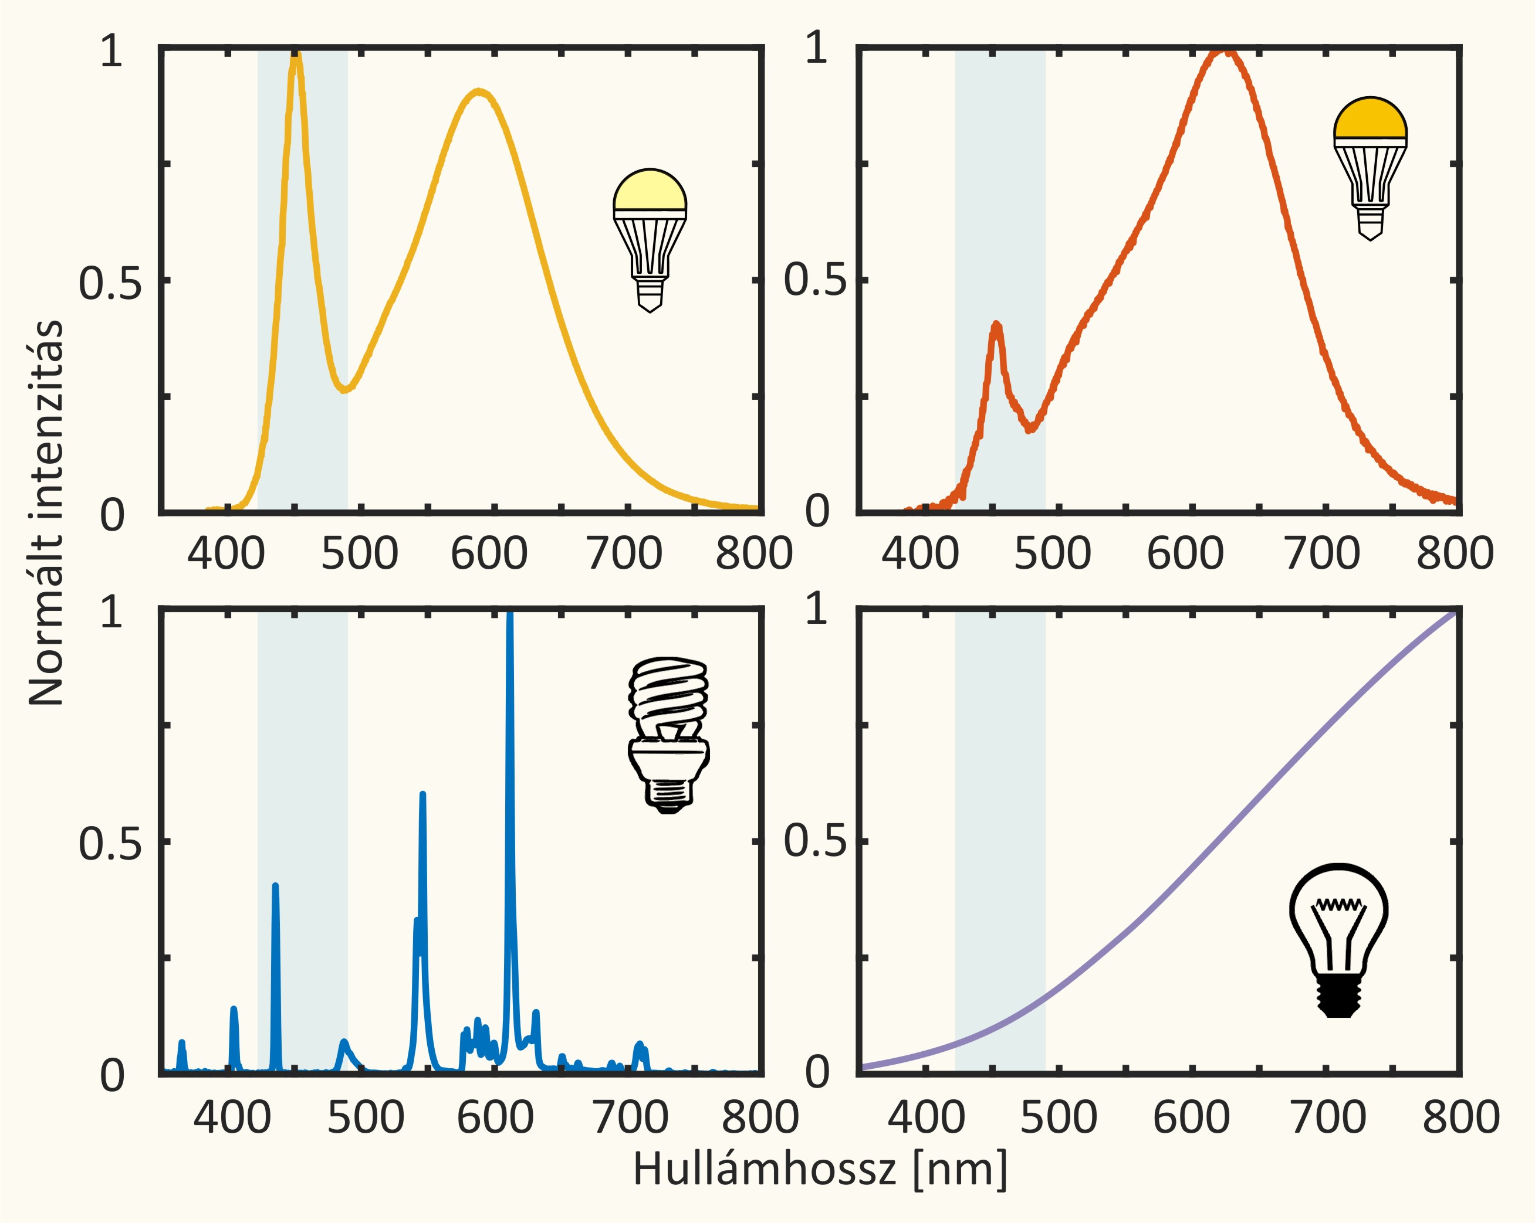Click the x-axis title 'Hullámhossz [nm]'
tap(820, 1169)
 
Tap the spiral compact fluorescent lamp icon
tap(668, 735)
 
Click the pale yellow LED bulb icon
tap(650, 240)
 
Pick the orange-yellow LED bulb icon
tap(1370, 168)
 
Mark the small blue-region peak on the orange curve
tap(997, 326)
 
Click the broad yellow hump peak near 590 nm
tap(481, 91)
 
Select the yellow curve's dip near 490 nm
tap(344, 389)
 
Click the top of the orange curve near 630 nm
tap(1225, 50)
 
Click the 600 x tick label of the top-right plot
tap(1185, 553)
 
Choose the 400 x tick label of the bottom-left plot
tap(232, 1117)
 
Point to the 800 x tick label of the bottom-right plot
tap(1461, 1117)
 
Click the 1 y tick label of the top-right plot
tap(817, 49)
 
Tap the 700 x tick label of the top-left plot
tap(624, 553)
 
